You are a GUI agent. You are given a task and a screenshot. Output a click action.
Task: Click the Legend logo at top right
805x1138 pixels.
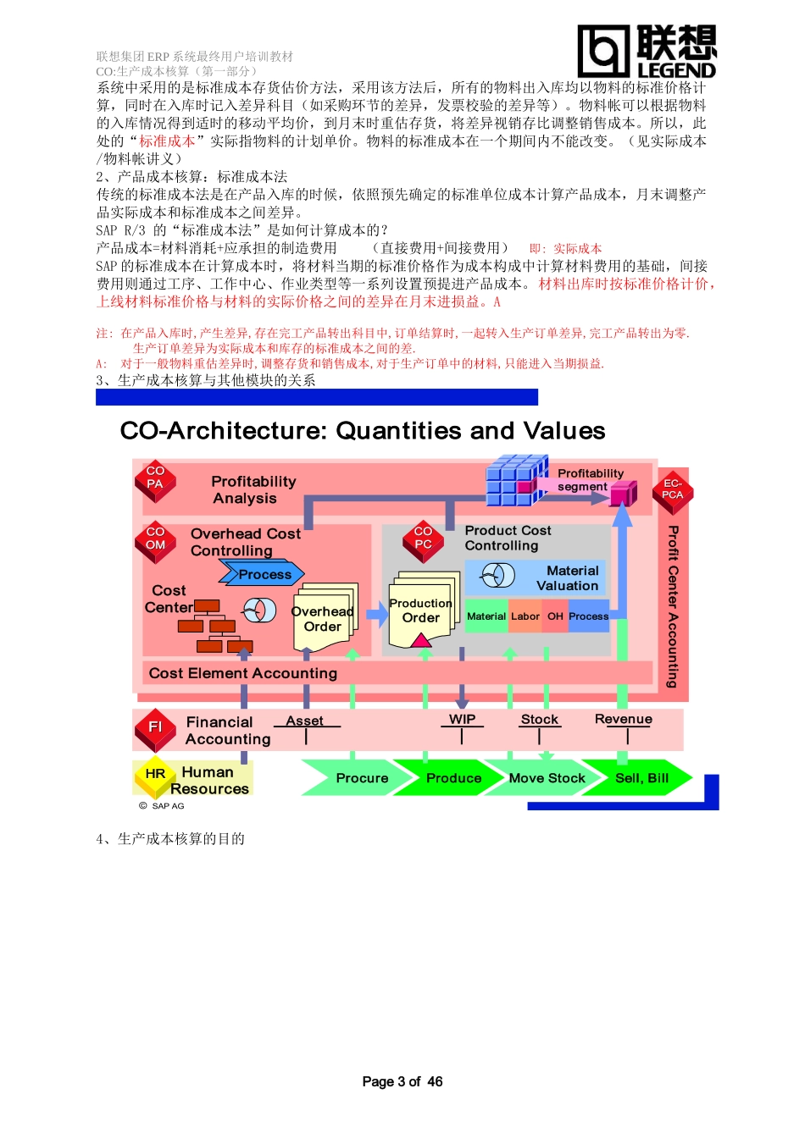[647, 51]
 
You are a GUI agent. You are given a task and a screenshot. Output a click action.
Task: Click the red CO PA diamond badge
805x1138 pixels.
[155, 479]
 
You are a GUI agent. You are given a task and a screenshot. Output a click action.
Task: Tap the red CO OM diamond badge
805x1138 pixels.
[156, 540]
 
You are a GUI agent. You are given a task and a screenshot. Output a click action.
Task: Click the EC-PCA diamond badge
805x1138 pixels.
[673, 490]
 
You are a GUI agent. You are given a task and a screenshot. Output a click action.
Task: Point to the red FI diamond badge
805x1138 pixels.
[155, 727]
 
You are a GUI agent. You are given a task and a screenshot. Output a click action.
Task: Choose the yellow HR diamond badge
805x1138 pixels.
[155, 774]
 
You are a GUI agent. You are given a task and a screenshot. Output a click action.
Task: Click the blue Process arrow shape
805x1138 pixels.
[262, 574]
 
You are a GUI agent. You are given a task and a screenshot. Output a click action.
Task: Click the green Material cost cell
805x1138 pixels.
[486, 616]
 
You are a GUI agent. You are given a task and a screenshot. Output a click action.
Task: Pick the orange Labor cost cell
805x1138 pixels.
[525, 616]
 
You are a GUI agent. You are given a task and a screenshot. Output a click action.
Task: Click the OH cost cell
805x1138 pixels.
[555, 616]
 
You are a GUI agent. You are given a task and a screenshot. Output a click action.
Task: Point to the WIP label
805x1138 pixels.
[462, 719]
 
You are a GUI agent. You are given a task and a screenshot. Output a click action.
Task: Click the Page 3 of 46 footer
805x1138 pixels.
[402, 1081]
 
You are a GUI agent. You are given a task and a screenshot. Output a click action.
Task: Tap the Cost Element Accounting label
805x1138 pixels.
[243, 673]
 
